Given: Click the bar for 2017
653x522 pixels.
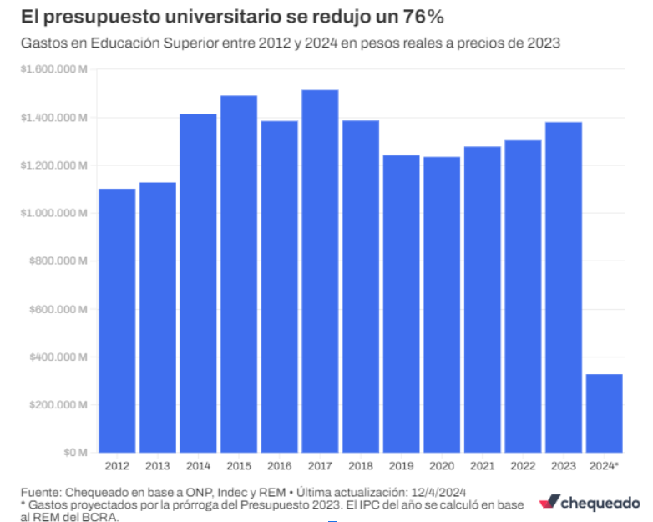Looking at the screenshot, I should [320, 271].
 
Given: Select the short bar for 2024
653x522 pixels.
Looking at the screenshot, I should [604, 413].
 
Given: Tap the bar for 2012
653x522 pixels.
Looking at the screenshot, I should [117, 320].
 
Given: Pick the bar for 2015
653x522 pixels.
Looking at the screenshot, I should [239, 273].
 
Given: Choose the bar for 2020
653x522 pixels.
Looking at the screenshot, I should [442, 304].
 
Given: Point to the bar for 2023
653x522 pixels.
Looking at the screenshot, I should [564, 286].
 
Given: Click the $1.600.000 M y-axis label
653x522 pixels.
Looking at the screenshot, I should [54, 70].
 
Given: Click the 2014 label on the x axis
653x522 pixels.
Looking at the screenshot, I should [198, 466].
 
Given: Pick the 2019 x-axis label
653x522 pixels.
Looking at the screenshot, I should [401, 466].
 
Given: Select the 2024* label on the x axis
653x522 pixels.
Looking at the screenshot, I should [605, 466].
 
